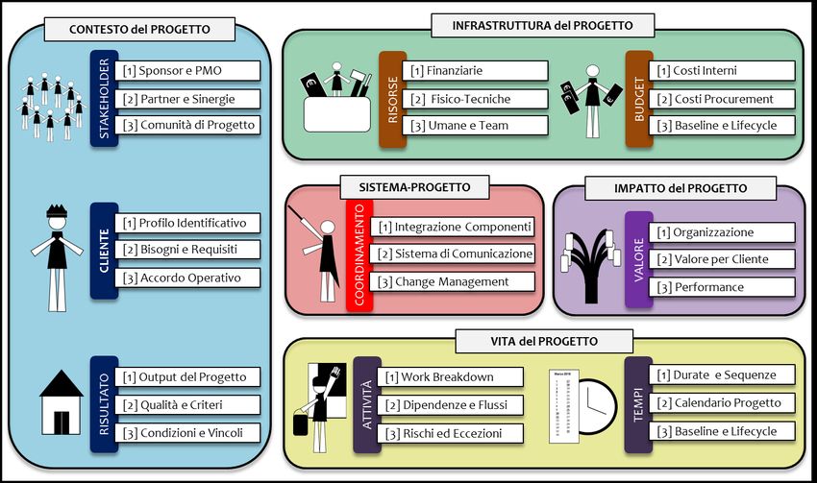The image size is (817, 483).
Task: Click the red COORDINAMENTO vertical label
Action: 359,254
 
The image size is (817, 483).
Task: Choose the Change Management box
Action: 453,281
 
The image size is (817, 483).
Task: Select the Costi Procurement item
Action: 724,98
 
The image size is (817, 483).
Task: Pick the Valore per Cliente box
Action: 724,259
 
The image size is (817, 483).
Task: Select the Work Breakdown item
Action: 450,377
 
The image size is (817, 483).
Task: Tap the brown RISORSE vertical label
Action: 392,97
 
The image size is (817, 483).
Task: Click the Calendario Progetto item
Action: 724,402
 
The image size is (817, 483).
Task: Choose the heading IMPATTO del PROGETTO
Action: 680,188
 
